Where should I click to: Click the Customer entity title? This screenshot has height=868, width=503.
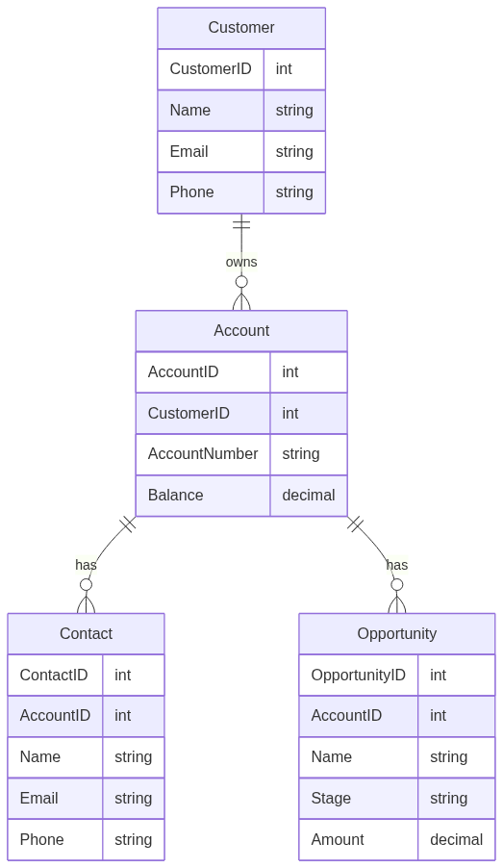tap(241, 27)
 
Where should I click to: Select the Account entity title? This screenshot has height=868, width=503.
tap(241, 330)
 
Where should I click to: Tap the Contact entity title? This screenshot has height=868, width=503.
tap(86, 633)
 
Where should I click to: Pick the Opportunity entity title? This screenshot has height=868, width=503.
tap(397, 633)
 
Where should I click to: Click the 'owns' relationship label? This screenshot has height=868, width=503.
tap(241, 262)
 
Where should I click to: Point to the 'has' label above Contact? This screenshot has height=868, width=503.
tap(86, 565)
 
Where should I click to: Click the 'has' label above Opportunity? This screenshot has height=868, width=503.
tap(397, 565)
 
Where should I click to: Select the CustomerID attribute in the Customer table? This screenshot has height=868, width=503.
tap(211, 68)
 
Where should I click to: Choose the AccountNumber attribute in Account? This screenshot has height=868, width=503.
tap(203, 454)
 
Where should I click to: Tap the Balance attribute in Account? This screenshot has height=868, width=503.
tap(175, 495)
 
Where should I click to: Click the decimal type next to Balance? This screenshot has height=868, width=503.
tap(308, 495)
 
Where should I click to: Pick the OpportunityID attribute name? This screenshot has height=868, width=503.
tap(358, 675)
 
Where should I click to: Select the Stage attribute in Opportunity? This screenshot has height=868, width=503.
tap(331, 799)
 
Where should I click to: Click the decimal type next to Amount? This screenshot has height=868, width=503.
tap(457, 839)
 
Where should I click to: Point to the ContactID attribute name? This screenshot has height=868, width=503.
tap(54, 675)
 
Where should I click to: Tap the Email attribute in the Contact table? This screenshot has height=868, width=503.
tap(38, 799)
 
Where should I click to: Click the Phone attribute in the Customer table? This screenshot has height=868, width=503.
tap(191, 191)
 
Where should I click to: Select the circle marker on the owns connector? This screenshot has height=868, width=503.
tap(241, 282)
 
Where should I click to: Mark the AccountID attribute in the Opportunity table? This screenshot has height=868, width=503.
tap(346, 715)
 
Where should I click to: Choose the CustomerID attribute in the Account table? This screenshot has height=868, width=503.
tap(189, 413)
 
